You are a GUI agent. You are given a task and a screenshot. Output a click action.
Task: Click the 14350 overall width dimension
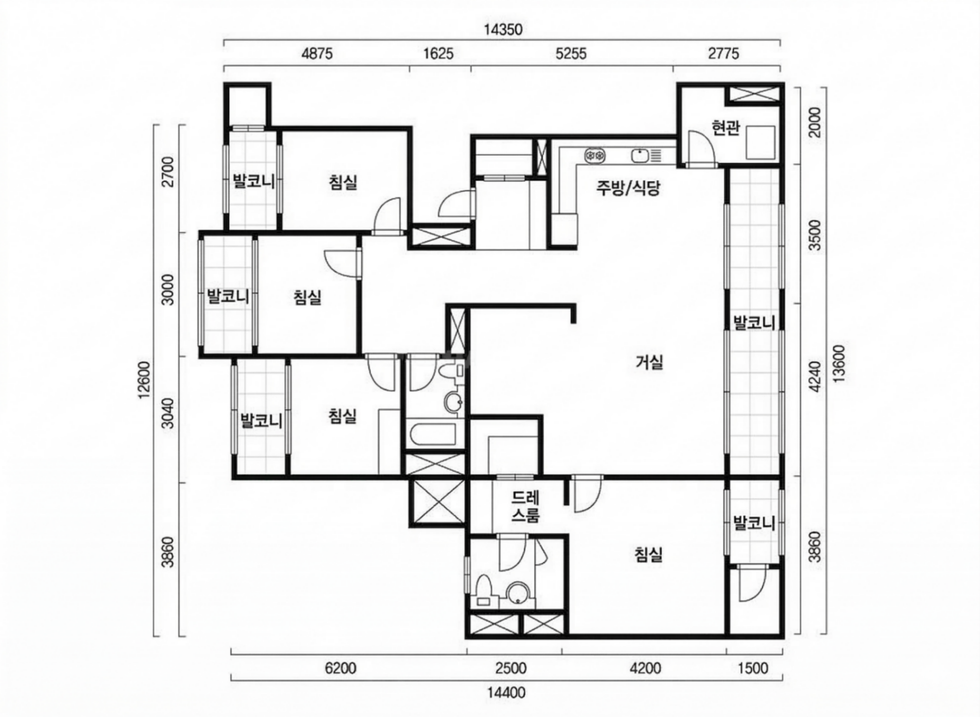click(503, 30)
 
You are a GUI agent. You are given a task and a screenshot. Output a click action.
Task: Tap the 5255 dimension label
click(571, 54)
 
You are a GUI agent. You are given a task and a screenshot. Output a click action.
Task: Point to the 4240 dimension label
click(816, 376)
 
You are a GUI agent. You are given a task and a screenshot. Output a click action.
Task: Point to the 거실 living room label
click(650, 362)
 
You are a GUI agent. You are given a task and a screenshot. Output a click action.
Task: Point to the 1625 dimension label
click(438, 54)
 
